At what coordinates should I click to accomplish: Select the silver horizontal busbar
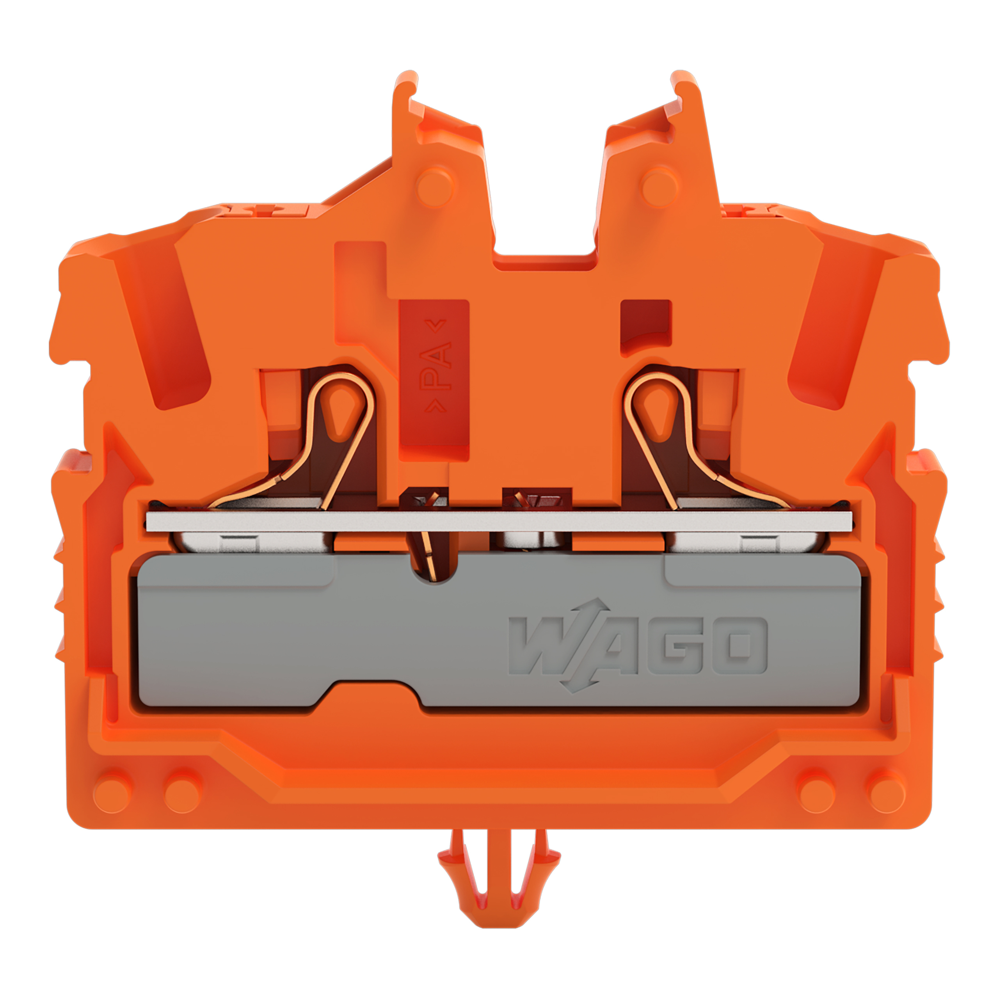[499, 521]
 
